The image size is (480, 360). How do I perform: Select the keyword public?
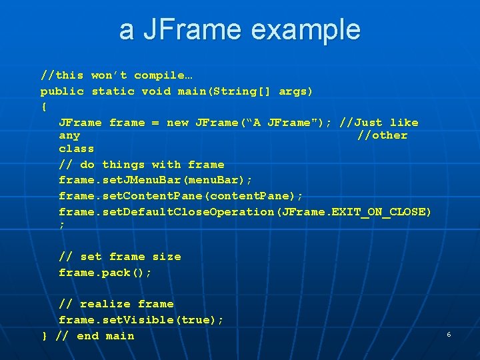(x=62, y=91)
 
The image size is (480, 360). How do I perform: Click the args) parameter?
(x=295, y=91)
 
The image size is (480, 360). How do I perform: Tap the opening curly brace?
(x=44, y=107)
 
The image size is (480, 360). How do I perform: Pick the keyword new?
(x=177, y=123)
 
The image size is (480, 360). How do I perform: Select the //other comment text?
(x=382, y=135)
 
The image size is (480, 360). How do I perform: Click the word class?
(x=76, y=149)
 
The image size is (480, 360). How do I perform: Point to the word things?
(x=123, y=165)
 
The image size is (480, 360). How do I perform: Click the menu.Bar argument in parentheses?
(x=217, y=181)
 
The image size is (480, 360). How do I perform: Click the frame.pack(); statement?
(x=105, y=273)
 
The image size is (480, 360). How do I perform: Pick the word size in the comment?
(x=167, y=257)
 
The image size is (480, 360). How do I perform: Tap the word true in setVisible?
(x=196, y=320)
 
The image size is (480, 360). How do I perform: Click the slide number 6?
(x=449, y=334)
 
